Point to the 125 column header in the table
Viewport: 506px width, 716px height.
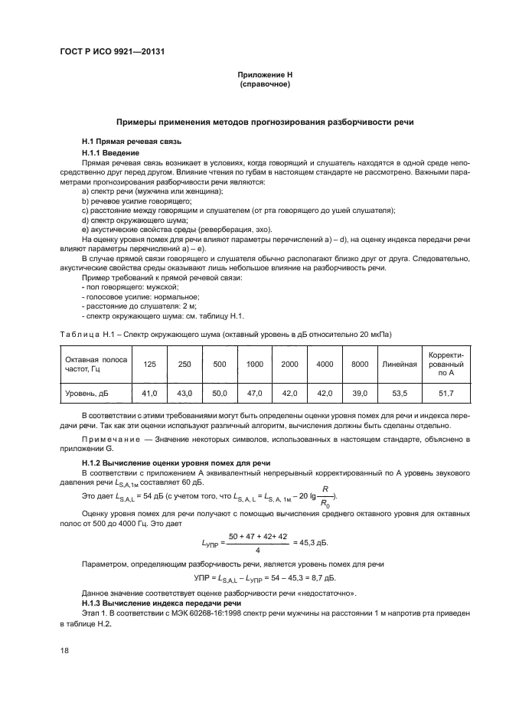tap(150, 364)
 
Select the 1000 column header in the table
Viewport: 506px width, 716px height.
tap(255, 364)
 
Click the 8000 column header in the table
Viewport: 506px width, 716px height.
tap(360, 364)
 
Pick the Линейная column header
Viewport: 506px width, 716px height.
tap(399, 364)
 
